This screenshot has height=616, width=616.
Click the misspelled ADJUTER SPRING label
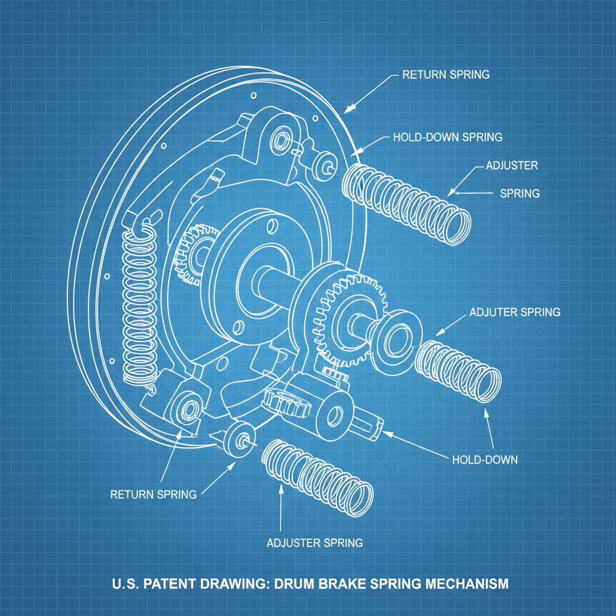[x=514, y=312]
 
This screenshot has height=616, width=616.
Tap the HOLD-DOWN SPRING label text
[x=447, y=137]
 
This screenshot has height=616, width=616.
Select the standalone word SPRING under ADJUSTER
[x=520, y=194]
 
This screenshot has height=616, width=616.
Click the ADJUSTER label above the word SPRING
[x=511, y=165]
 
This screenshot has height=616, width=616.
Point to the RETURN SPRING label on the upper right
[x=446, y=75]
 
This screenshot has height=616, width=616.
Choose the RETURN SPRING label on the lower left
[x=153, y=494]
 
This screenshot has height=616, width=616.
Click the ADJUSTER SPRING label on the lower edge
[x=315, y=543]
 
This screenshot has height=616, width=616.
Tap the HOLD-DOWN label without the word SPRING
[x=484, y=460]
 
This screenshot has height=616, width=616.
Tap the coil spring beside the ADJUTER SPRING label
[x=460, y=366]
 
